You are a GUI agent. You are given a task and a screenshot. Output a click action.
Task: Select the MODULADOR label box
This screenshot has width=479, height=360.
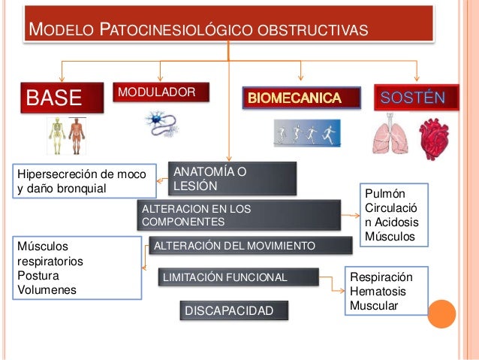161,92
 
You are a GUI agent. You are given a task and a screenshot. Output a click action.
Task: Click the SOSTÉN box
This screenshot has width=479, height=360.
416,97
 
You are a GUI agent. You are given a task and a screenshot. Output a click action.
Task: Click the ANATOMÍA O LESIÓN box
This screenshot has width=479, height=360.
233,178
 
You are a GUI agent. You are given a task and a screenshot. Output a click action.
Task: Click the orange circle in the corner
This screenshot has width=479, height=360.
442,313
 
